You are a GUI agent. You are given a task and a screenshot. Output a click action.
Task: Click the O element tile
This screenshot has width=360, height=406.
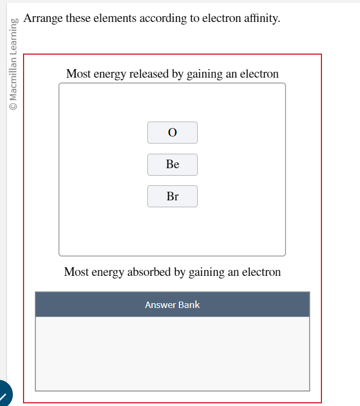point(172,132)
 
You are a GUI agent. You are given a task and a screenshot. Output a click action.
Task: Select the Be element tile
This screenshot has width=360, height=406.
point(172,164)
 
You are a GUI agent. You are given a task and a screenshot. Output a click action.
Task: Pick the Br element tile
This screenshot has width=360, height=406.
point(172,197)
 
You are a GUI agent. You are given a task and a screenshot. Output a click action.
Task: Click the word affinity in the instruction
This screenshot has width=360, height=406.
point(260,19)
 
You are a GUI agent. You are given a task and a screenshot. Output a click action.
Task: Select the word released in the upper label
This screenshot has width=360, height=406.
point(149,74)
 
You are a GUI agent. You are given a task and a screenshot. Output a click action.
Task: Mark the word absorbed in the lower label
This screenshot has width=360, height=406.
point(149,272)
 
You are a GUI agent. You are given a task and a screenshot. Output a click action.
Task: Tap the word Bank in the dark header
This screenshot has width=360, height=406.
point(189,305)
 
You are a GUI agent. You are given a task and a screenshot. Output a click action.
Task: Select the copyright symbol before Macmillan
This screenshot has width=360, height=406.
point(13,106)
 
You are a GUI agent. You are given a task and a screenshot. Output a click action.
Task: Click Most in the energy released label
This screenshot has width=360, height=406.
point(78,74)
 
